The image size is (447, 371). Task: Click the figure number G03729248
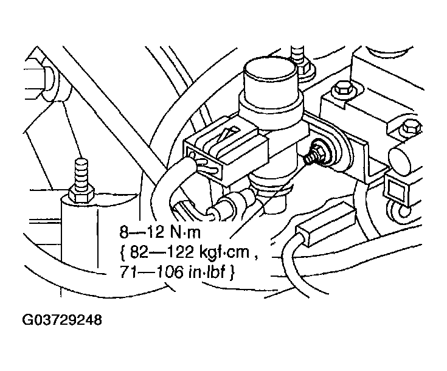tap(62, 320)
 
